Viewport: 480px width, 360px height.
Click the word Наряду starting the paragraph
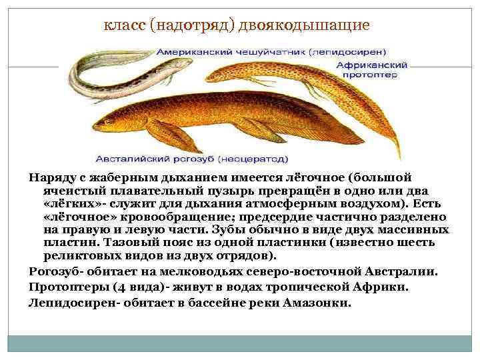pyautogui.click(x=51, y=178)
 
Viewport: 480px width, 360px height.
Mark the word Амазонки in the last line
pyautogui.click(x=319, y=302)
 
